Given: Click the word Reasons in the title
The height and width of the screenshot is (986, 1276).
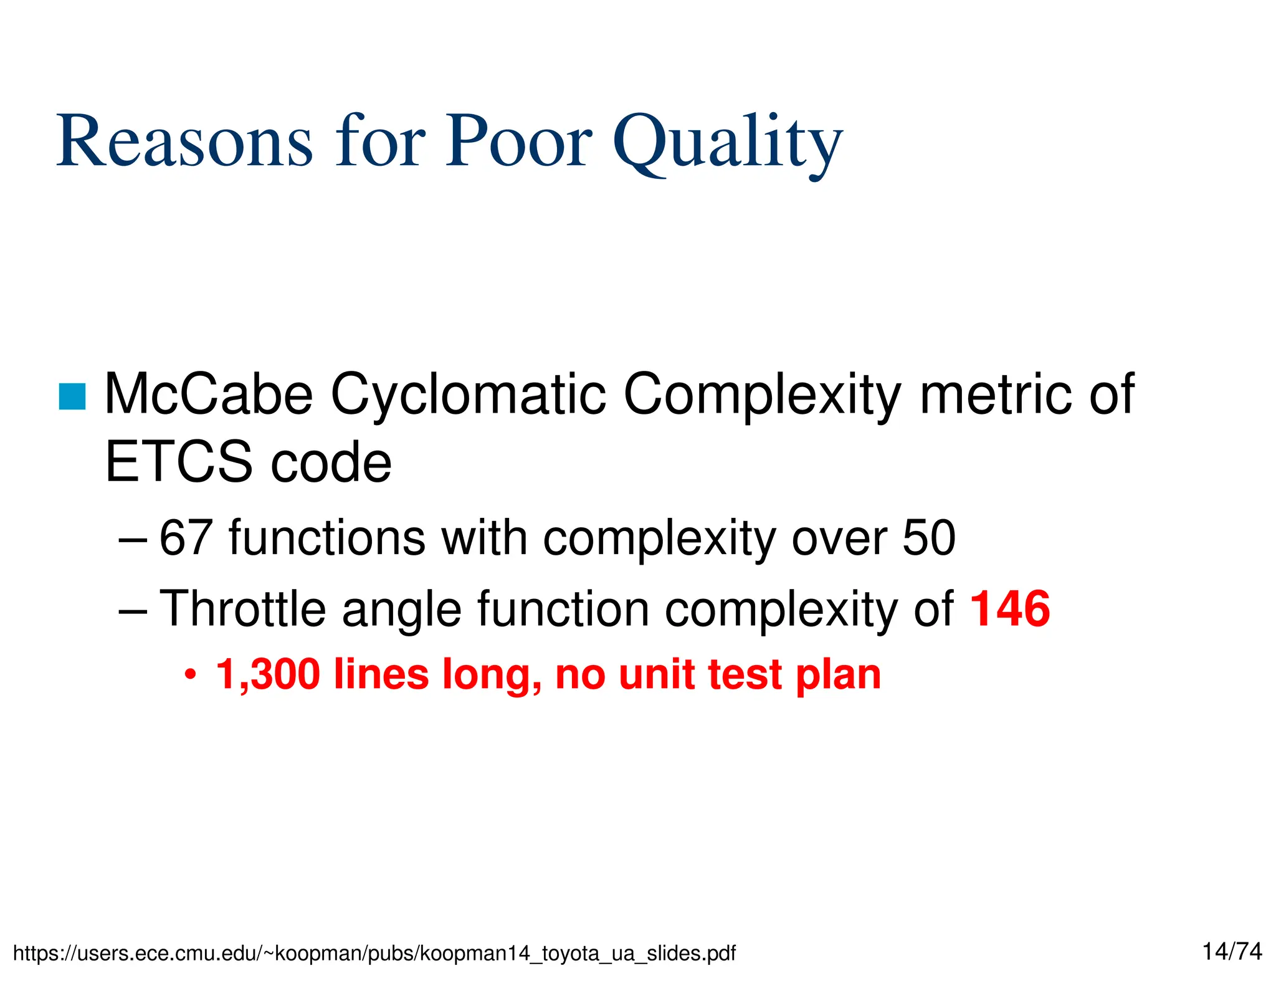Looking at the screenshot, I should tap(184, 141).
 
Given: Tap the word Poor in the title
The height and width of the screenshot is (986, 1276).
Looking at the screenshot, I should tap(518, 141).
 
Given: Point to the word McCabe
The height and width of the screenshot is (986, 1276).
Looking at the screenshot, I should tap(209, 394).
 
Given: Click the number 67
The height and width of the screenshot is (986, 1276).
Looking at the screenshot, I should tap(185, 537).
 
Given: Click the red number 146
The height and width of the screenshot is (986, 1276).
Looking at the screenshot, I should tap(1010, 608).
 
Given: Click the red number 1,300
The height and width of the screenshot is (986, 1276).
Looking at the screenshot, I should tap(268, 674).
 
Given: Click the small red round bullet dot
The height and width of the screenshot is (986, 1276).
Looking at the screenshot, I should tap(191, 675).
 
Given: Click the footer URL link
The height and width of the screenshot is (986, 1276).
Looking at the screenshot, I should tap(374, 953).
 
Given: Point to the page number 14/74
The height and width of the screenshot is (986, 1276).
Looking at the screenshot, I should tap(1232, 951).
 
